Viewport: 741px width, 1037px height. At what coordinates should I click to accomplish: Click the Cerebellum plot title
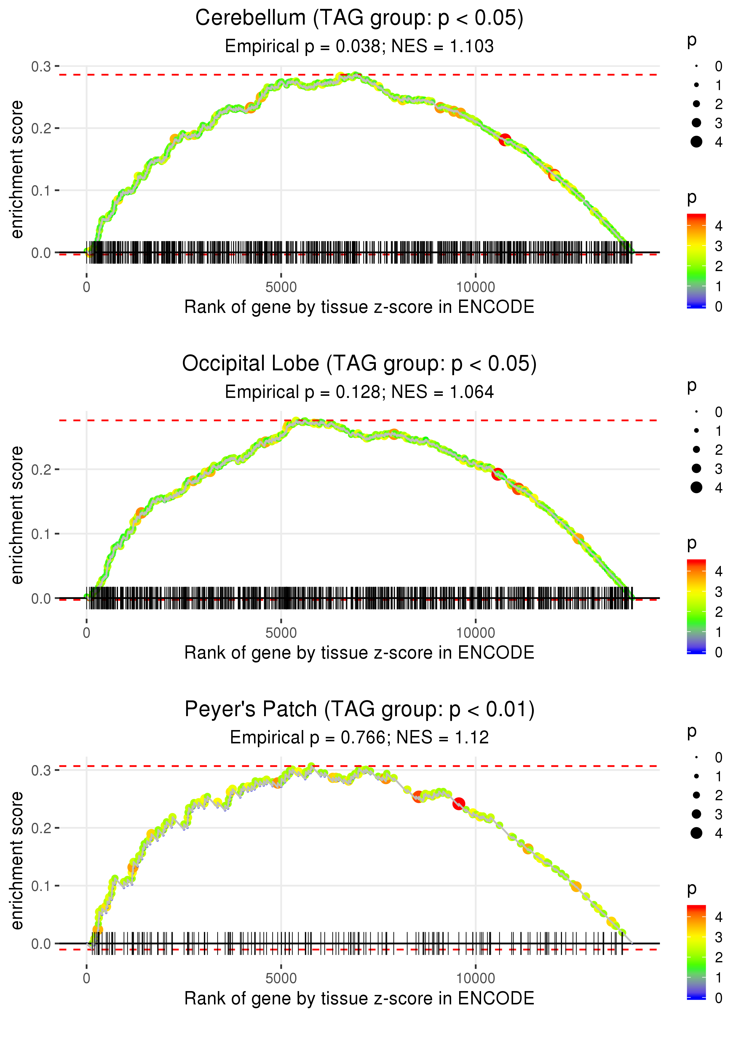359,18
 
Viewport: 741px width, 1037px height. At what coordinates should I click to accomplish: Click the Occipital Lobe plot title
359,364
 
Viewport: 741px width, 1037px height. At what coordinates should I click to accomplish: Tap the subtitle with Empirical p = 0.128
302,392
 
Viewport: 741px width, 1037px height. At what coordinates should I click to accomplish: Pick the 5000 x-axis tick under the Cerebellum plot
281,287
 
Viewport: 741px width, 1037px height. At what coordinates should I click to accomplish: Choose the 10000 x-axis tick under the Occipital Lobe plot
475,633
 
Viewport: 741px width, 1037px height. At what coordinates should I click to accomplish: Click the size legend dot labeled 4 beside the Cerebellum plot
696,142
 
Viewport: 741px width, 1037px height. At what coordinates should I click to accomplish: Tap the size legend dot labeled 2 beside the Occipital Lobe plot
696,450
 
